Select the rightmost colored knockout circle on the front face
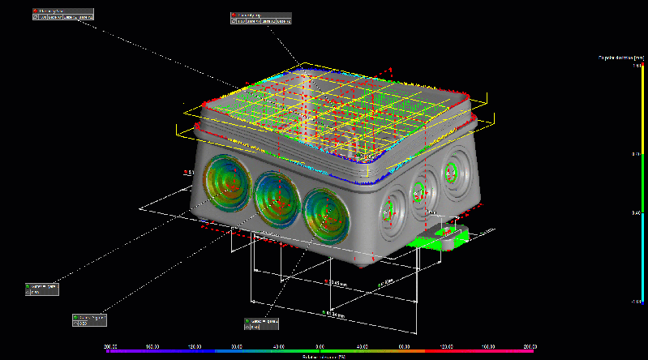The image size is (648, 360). click(x=328, y=212)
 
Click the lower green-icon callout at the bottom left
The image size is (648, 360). click(x=89, y=319)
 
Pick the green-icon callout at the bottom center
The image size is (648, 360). click(x=261, y=324)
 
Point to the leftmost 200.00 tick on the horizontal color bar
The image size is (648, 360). click(x=113, y=346)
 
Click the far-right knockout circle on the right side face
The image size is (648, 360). click(x=451, y=175)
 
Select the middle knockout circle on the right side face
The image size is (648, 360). click(x=419, y=192)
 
